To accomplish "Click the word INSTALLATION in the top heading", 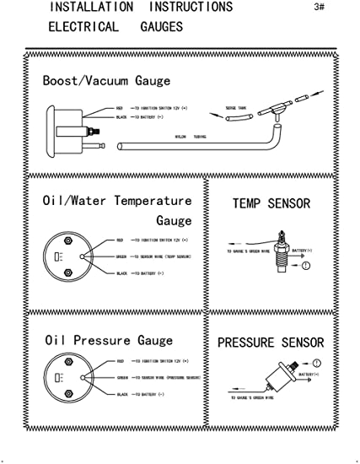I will (x=90, y=8).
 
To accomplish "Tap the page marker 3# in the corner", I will (x=318, y=8).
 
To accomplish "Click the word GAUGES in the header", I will (x=161, y=27).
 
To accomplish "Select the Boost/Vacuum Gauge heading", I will (x=106, y=81).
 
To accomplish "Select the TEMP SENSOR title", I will (x=271, y=203).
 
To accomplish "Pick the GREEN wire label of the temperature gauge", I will (x=121, y=256).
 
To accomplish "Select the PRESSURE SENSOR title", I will (x=270, y=343).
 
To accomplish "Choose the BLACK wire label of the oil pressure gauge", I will (x=122, y=394).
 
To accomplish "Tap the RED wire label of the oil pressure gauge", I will (x=121, y=359).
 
